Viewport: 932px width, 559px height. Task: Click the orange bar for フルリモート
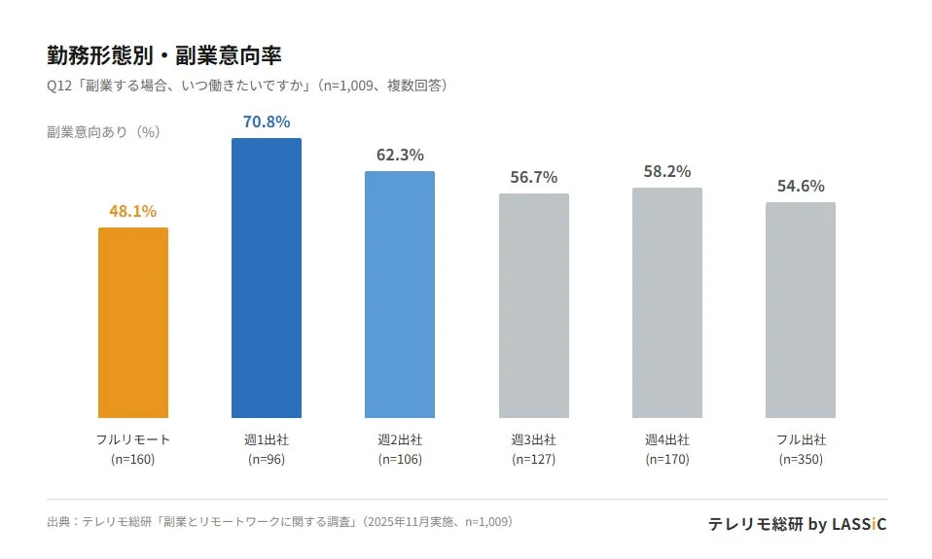(132, 323)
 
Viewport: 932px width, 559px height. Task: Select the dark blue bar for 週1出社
(266, 278)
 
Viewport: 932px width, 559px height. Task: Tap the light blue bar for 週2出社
(399, 295)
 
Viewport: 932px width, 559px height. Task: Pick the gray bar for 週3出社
(533, 305)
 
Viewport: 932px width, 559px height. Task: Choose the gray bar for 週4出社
(666, 302)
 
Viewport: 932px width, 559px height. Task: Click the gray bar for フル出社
(800, 310)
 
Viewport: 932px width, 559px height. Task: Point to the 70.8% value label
(266, 122)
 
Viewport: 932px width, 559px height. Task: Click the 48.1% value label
(132, 211)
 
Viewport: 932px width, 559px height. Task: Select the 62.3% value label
(399, 155)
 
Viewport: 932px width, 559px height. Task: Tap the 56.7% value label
(533, 177)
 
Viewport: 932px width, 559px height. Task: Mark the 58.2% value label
(666, 171)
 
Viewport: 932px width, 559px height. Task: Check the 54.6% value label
(800, 186)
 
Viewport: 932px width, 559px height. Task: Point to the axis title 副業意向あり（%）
(103, 132)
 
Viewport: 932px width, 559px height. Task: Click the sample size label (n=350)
(800, 459)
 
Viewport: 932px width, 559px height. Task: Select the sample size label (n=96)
(266, 459)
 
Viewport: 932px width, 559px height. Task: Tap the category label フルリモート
(132, 439)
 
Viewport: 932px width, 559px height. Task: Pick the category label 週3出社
(533, 439)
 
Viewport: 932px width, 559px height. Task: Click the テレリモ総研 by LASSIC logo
(797, 524)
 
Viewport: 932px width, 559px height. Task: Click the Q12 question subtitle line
(248, 86)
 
